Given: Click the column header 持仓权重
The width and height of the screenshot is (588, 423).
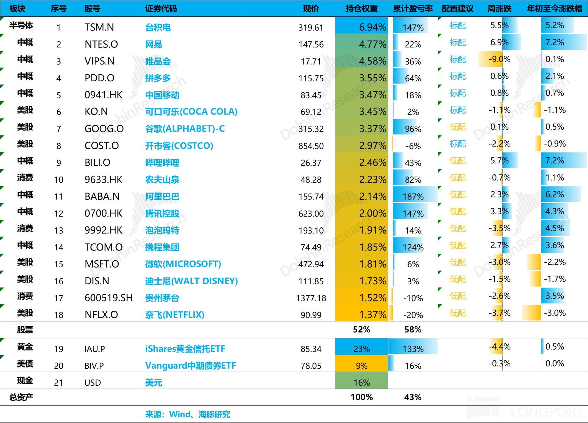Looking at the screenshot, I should [361, 9].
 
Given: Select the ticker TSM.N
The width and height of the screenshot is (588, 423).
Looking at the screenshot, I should [99, 27].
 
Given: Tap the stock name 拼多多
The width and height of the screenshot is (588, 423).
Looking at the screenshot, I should [158, 78].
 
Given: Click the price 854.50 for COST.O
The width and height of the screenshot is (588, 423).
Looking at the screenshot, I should [311, 146].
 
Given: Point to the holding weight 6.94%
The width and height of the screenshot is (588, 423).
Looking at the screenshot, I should [372, 27].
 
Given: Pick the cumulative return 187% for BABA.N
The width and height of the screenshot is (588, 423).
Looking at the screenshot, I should [413, 197].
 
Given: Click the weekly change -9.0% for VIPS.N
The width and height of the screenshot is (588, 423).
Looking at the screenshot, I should [499, 59].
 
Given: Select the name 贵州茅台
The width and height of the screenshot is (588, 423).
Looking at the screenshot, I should [162, 298].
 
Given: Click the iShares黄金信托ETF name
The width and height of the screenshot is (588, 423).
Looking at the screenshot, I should [185, 349].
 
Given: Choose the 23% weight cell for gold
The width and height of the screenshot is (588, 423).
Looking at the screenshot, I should [361, 349].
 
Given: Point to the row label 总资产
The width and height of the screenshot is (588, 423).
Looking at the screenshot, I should [21, 397].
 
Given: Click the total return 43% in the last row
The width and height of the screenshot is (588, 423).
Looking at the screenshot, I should [413, 397].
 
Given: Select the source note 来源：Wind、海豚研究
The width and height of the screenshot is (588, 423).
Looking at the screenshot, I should [187, 414].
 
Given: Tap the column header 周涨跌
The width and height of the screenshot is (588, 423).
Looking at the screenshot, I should [499, 9].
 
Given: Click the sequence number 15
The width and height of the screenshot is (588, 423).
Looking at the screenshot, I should [59, 264].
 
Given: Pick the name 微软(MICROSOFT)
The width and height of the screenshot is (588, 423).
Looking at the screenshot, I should [183, 264].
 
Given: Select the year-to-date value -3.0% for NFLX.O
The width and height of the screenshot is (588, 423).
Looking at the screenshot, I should [555, 313].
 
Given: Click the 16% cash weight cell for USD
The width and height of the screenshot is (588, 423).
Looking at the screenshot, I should [361, 382].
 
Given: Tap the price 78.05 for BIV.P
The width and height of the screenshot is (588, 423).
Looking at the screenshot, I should [311, 366].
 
